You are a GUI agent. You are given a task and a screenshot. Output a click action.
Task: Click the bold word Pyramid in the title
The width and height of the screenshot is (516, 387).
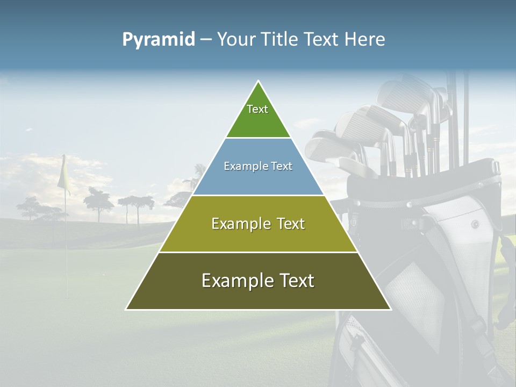tap(158, 40)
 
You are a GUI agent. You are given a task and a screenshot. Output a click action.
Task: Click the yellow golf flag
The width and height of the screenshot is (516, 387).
tap(64, 173)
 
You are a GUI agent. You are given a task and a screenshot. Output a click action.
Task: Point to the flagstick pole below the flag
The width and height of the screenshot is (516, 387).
tap(66, 242)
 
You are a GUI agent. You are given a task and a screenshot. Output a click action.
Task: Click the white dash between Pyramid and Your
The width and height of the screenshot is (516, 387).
tap(206, 40)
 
